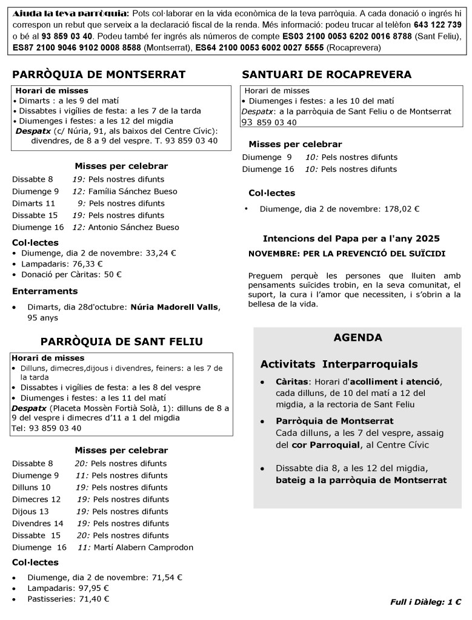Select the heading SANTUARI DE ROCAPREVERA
coord(327,74)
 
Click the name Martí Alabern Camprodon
coord(144,547)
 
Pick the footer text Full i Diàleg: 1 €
coord(426,602)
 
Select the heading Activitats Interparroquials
coord(339,364)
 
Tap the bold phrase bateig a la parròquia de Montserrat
coord(361,480)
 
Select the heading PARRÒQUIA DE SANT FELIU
coord(121,341)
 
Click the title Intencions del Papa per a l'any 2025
coord(351,238)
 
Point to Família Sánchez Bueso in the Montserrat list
coord(133,191)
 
